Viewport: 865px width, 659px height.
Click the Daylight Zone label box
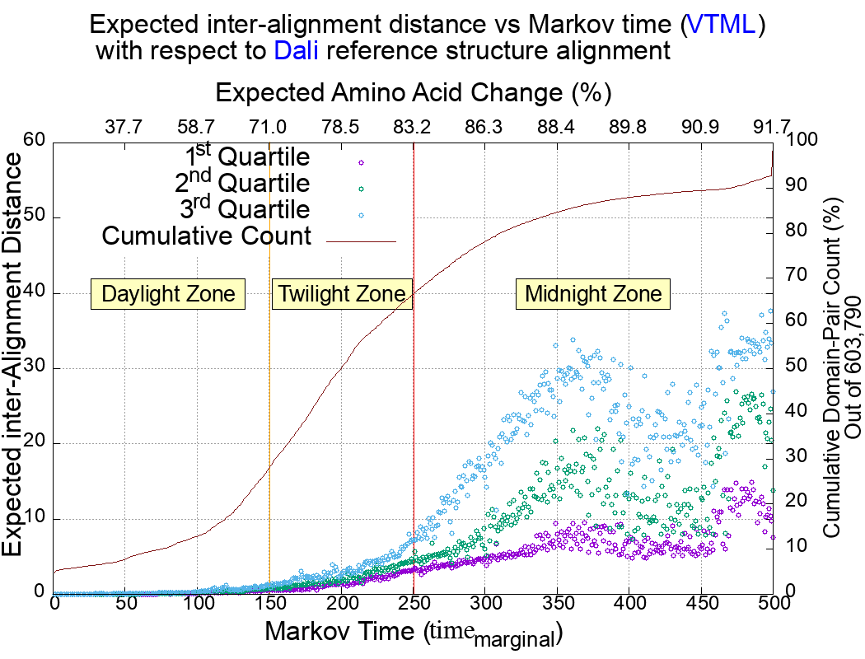[x=169, y=294]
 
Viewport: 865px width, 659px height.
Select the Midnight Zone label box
[x=593, y=294]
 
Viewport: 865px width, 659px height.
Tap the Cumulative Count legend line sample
[x=362, y=241]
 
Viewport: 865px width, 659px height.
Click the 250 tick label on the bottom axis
[x=414, y=603]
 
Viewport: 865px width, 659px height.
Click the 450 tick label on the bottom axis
[x=701, y=603]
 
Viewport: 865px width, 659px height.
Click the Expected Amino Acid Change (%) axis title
[x=412, y=91]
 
